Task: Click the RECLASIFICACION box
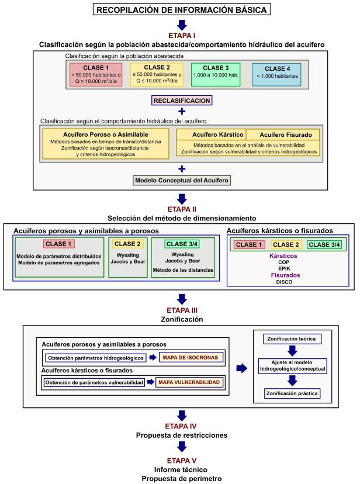[x=181, y=101]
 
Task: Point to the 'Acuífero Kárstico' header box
[x=212, y=134]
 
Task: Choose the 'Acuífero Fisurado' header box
[x=283, y=134]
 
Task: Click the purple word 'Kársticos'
[x=284, y=255]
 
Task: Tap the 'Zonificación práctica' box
[x=291, y=393]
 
